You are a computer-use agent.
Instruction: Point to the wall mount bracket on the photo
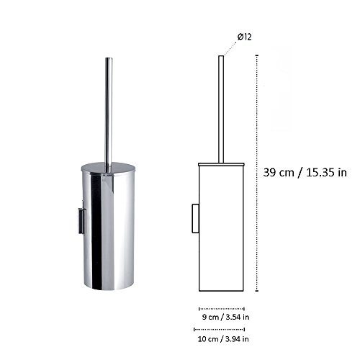tap(81, 220)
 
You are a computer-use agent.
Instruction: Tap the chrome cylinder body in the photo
tap(108, 230)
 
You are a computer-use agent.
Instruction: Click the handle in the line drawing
tap(221, 108)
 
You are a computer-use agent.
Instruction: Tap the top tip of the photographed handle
tap(108, 55)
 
